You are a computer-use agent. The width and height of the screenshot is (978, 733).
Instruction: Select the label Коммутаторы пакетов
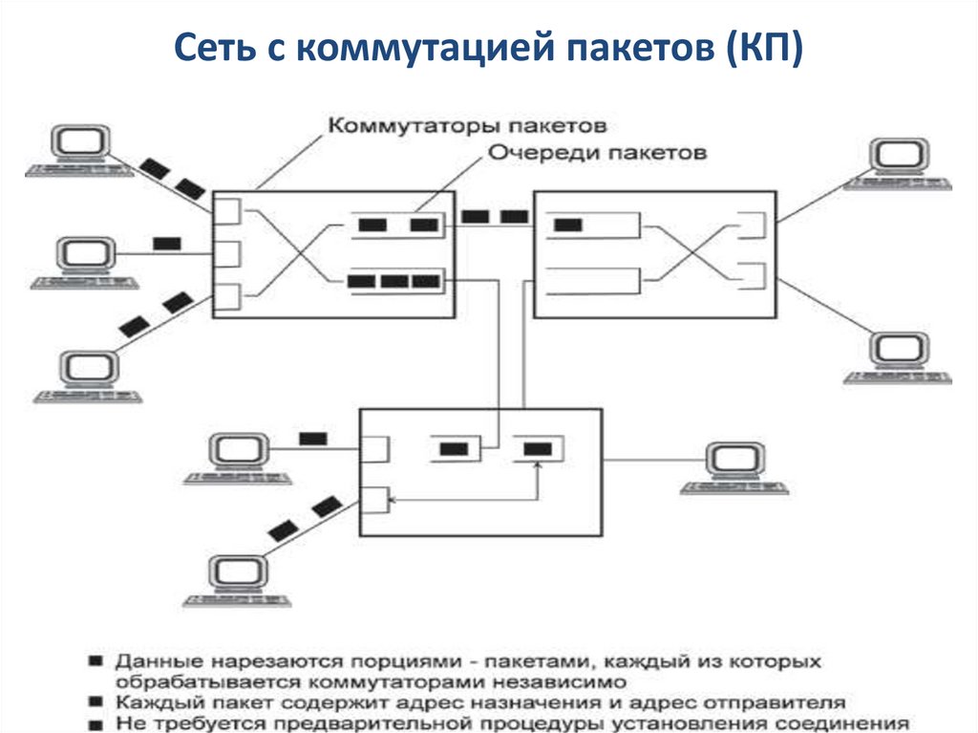click(468, 125)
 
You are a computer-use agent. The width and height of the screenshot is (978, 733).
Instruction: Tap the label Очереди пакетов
click(598, 152)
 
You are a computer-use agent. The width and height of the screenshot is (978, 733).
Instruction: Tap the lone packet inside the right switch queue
click(567, 226)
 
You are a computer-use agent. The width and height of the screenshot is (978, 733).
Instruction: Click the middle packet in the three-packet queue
click(393, 281)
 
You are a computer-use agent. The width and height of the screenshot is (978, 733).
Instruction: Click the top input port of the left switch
click(225, 210)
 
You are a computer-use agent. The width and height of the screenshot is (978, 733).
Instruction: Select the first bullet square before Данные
click(95, 661)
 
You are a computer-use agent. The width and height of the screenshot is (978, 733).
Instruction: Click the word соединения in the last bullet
click(855, 723)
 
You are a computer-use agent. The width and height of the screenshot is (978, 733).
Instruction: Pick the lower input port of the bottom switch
click(375, 500)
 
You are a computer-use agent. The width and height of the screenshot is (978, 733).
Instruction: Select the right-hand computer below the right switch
click(897, 356)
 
